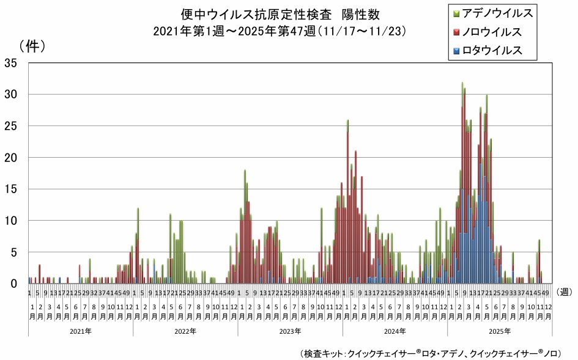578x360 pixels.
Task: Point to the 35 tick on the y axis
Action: (12, 62)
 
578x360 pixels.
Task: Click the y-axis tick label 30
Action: (12, 94)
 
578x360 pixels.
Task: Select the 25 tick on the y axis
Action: (12, 126)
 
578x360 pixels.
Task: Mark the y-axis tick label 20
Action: (12, 157)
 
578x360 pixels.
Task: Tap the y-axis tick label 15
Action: (12, 189)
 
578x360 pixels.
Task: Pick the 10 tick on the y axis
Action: (12, 221)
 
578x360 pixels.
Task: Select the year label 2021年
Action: (81, 331)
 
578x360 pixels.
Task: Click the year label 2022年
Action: (185, 331)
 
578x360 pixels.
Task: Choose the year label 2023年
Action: (290, 331)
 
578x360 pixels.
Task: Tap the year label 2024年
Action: (395, 331)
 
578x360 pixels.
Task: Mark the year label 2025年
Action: (500, 331)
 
